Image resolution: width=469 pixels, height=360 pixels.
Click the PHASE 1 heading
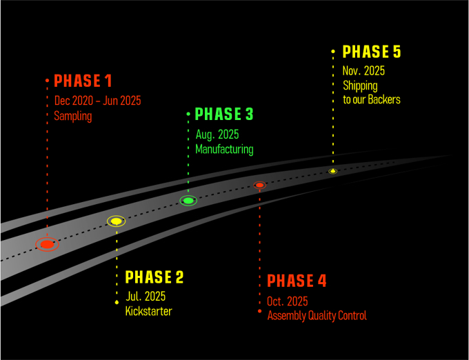(83, 81)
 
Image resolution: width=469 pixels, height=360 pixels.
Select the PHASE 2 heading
(154, 277)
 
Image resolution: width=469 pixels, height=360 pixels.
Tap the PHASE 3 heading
(224, 114)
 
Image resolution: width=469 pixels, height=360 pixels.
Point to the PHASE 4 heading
(297, 281)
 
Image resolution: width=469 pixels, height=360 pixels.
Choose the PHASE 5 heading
(372, 52)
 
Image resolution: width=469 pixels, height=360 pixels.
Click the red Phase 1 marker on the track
(47, 244)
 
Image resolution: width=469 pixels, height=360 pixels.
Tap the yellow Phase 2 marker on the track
(117, 221)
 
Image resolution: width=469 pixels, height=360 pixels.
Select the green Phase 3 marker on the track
(188, 201)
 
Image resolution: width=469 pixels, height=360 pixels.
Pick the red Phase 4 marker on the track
(259, 185)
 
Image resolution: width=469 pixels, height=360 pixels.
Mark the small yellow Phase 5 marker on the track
(332, 171)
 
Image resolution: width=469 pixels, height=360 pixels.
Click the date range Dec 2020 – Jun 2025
(97, 101)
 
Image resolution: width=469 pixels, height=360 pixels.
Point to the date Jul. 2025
(146, 297)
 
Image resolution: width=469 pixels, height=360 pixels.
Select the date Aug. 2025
(217, 134)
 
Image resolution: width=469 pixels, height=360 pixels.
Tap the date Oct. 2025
(288, 301)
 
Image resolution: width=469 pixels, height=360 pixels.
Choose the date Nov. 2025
(363, 71)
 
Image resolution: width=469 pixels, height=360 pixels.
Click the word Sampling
(73, 116)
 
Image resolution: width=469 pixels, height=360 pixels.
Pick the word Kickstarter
(148, 311)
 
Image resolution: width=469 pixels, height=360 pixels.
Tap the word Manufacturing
(224, 149)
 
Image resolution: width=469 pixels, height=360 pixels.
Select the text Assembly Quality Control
(317, 316)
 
